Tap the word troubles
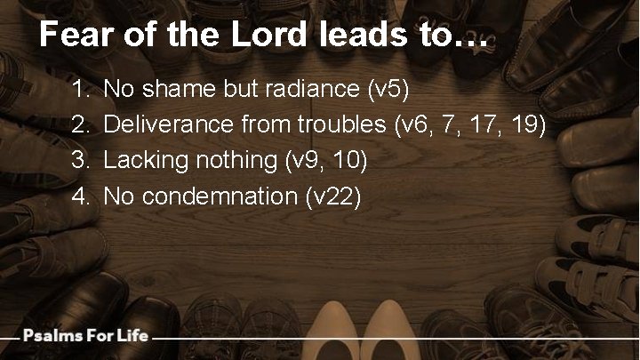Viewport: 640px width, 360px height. pyautogui.click(x=339, y=124)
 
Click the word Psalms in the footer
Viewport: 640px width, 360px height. pyautogui.click(x=52, y=336)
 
